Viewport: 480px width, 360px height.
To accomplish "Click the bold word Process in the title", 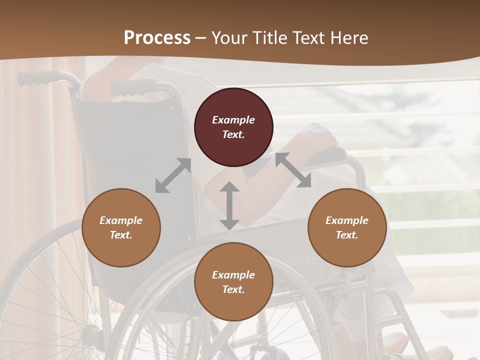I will [157, 38].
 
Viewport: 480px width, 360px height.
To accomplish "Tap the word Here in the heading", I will [349, 38].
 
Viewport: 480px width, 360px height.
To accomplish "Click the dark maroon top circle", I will [233, 127].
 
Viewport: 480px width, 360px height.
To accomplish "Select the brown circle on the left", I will [121, 227].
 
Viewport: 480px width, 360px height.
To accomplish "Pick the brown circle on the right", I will [347, 227].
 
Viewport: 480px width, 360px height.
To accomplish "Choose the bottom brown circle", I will [233, 282].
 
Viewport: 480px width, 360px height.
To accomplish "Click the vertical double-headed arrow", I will [229, 205].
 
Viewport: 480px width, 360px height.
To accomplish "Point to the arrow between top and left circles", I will [173, 175].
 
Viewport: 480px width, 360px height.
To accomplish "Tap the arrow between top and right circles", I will [293, 170].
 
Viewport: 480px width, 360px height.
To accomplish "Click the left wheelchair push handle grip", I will [38, 78].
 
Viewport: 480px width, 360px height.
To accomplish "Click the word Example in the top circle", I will [233, 120].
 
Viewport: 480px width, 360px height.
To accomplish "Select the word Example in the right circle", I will [347, 220].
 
